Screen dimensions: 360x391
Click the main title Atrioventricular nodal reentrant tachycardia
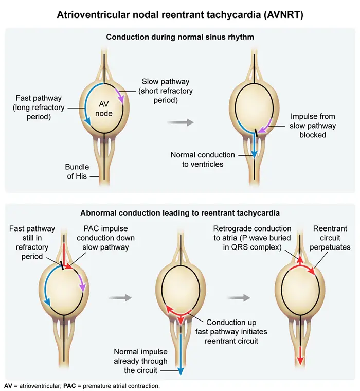(x=180, y=15)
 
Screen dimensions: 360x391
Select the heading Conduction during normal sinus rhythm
(x=180, y=37)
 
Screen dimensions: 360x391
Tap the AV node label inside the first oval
(x=104, y=109)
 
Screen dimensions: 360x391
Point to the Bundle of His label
(x=77, y=171)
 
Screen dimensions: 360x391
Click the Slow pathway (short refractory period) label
(x=166, y=91)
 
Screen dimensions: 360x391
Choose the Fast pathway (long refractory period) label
(x=39, y=108)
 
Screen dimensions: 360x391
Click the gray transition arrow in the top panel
(x=180, y=122)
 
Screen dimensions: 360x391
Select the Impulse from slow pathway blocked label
(x=313, y=126)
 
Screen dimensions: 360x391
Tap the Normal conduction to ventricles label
(x=203, y=159)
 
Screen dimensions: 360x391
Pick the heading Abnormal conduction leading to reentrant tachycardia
(x=180, y=213)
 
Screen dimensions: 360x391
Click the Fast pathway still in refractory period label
(x=32, y=243)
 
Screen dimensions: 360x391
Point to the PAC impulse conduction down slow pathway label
(x=106, y=238)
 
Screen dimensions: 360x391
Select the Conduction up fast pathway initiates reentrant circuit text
(x=231, y=332)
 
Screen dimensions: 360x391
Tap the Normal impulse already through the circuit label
(x=140, y=361)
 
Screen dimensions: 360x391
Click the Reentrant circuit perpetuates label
(x=330, y=238)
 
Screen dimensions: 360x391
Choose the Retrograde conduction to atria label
(x=252, y=238)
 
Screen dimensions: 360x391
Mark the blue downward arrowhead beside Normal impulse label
(x=181, y=371)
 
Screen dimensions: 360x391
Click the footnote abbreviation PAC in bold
(x=69, y=386)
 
